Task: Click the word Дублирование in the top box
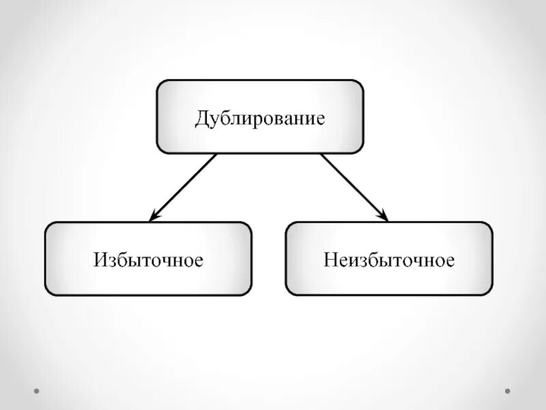point(259,117)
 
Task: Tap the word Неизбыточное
point(388,260)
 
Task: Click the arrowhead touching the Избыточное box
point(154,217)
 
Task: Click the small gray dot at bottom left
point(37,392)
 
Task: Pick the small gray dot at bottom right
point(507,392)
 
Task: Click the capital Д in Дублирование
point(202,118)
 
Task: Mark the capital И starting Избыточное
point(100,260)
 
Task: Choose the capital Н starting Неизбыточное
point(330,260)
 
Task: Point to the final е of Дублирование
point(319,119)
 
